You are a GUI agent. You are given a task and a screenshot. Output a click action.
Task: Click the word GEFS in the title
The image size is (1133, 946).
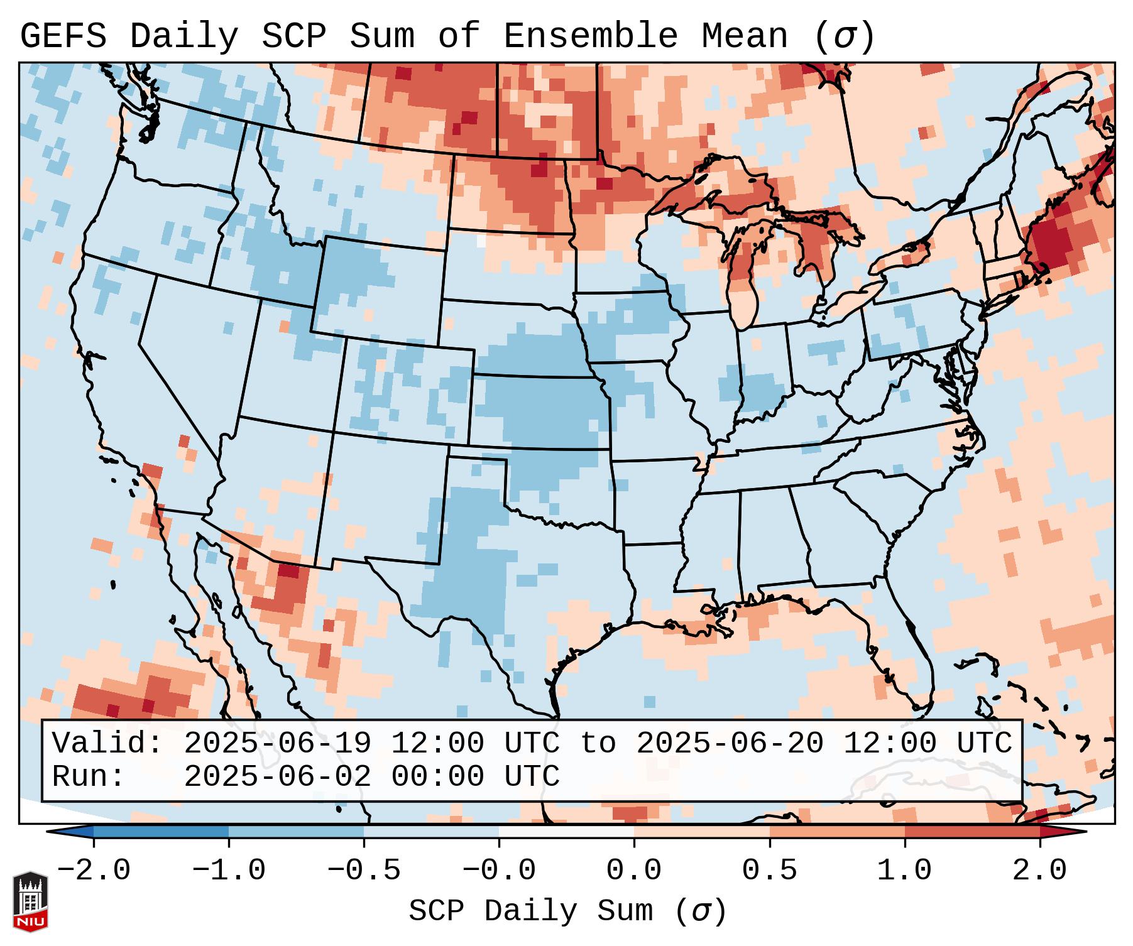(63, 36)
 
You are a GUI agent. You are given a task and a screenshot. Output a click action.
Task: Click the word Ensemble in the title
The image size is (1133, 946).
(591, 36)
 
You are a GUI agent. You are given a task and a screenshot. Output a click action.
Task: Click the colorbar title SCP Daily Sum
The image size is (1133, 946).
(531, 911)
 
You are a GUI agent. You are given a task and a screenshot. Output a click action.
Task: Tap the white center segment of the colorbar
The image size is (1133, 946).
(566, 832)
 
